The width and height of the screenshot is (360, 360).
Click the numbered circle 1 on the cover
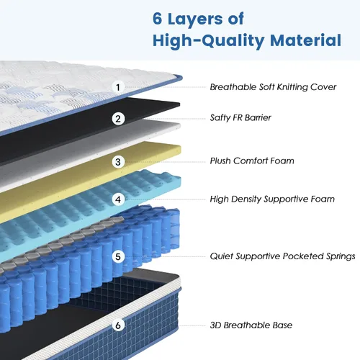click(118, 87)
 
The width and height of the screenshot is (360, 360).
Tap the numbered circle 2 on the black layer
click(118, 119)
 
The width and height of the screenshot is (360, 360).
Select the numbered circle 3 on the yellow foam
click(118, 162)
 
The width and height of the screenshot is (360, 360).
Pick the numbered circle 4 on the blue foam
click(118, 199)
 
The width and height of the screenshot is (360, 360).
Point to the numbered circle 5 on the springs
click(118, 257)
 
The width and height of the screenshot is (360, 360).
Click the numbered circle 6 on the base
click(118, 325)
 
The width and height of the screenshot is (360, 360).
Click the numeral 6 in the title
click(158, 19)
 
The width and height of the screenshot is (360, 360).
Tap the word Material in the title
click(305, 40)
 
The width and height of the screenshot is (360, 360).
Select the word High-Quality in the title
click(209, 41)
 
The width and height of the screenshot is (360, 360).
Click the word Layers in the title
click(195, 19)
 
